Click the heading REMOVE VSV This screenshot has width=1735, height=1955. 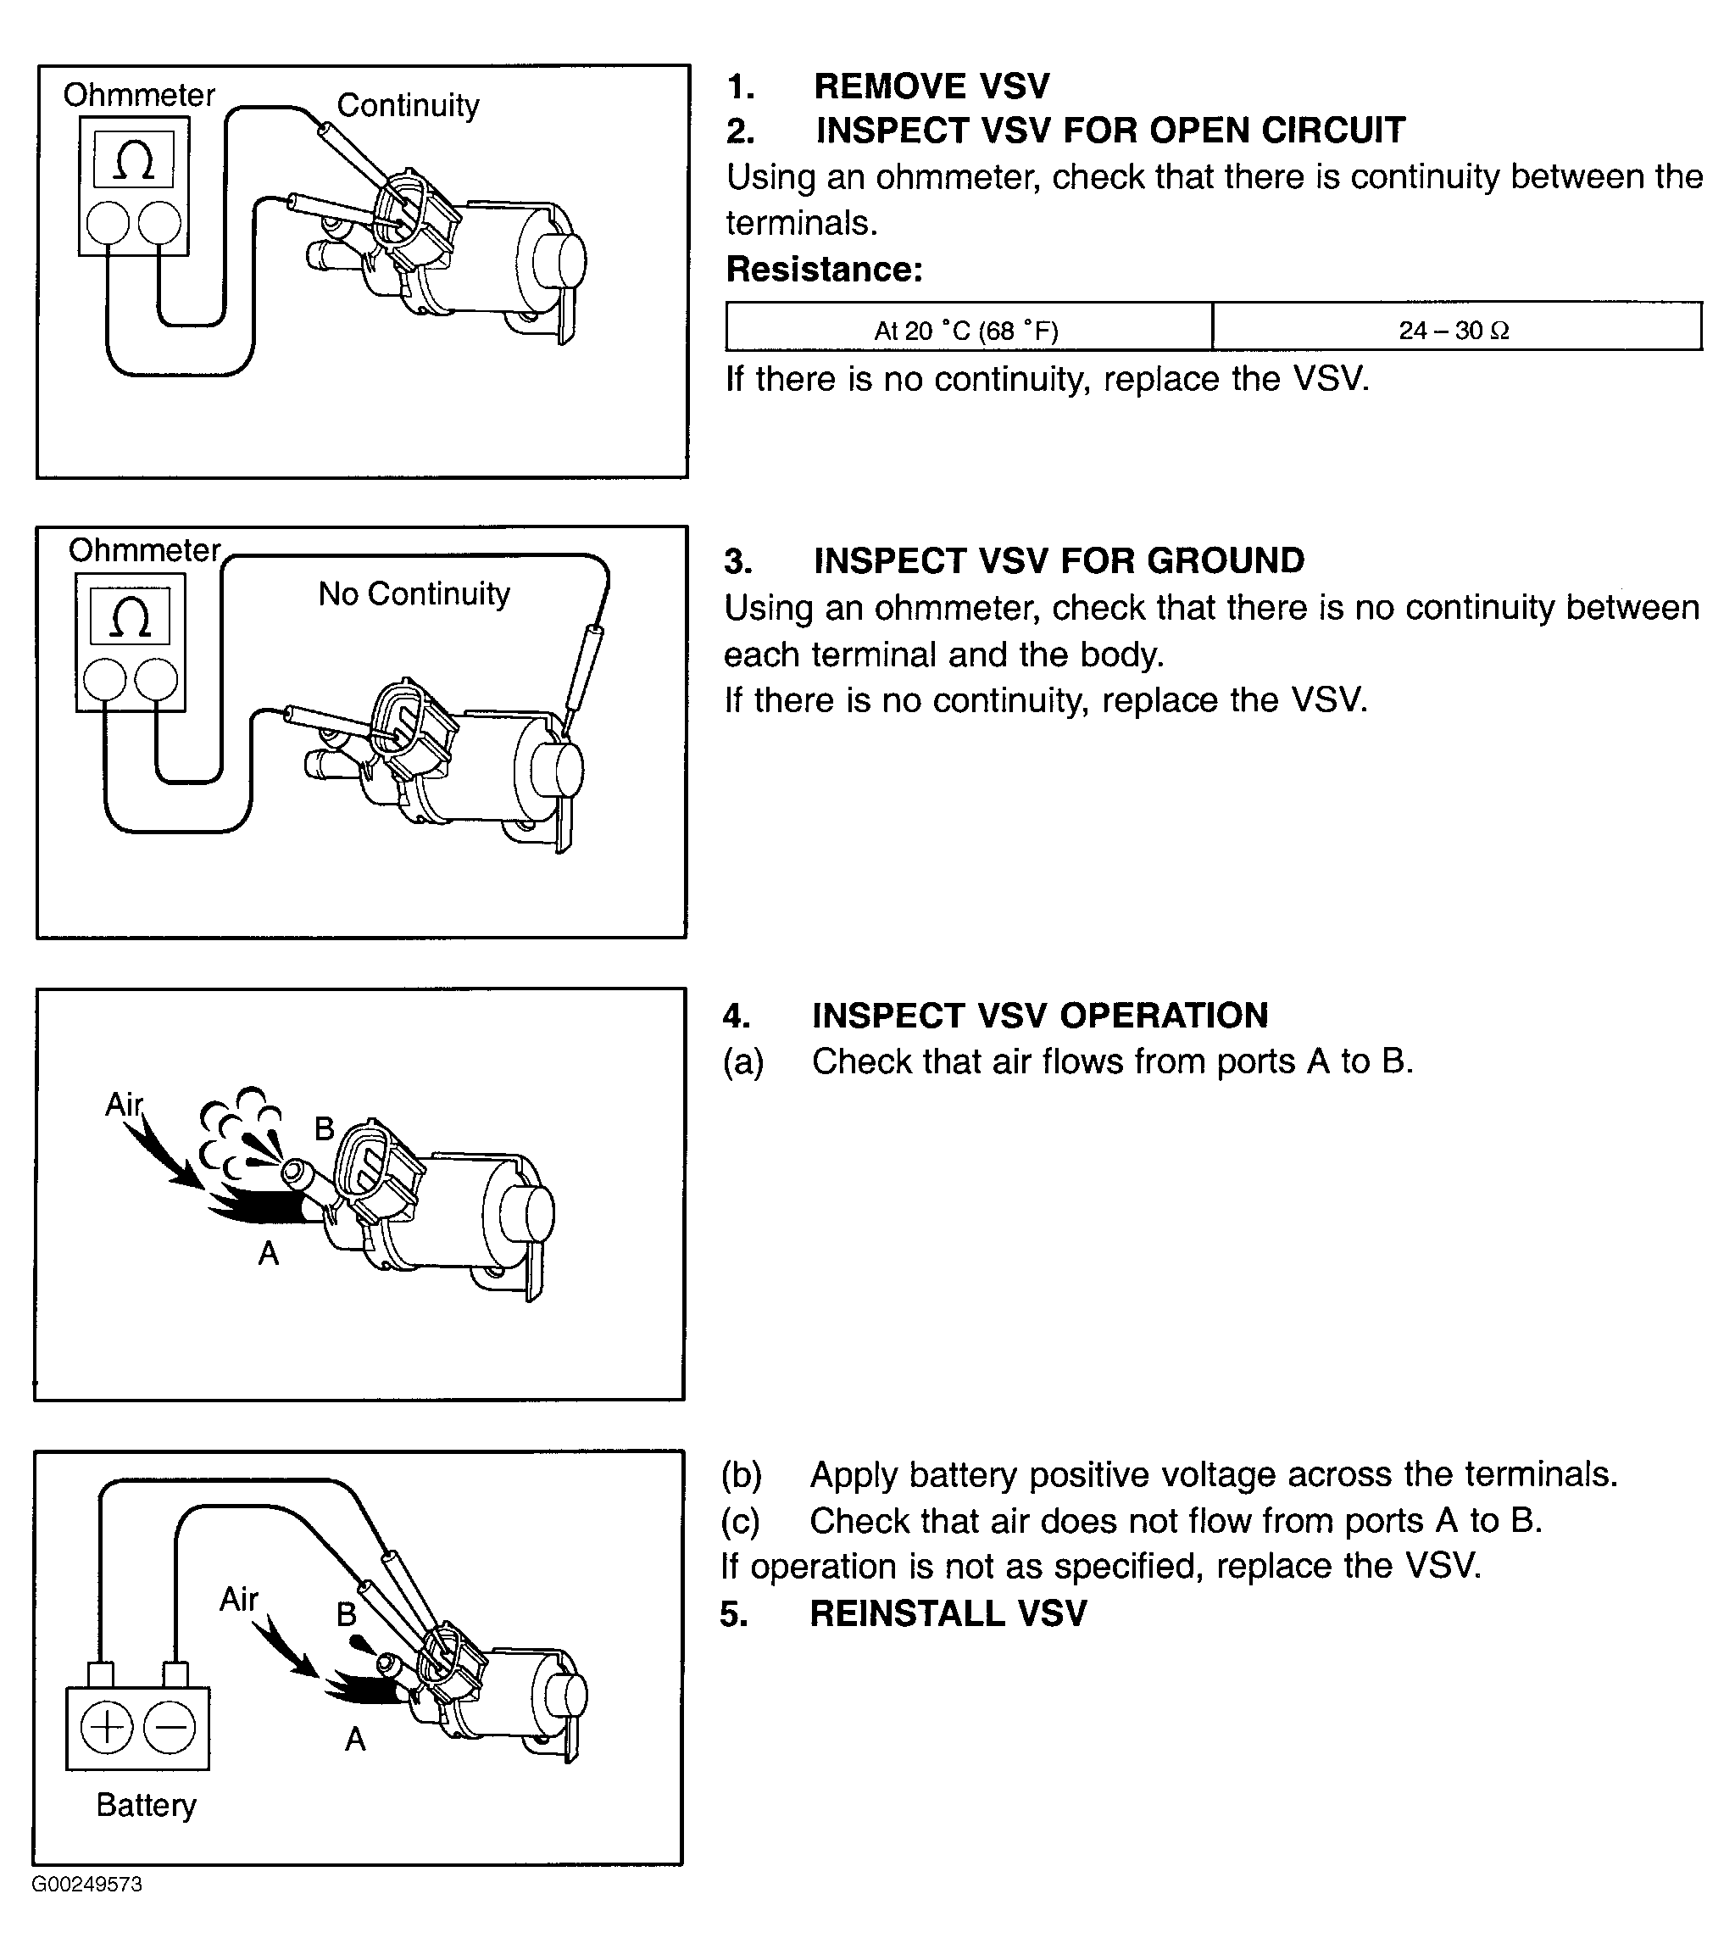pos(931,86)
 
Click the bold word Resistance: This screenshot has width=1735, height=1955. pos(825,270)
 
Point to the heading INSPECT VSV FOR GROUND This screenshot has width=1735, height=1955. pos(1059,560)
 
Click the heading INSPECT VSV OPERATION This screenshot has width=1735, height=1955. pos(1040,1015)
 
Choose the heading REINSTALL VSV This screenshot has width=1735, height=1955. pos(948,1613)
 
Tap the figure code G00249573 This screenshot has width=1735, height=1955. pos(87,1885)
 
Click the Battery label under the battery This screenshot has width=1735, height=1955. pos(147,1805)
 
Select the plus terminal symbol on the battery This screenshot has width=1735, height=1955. pos(106,1729)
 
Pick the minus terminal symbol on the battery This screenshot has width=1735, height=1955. pos(170,1729)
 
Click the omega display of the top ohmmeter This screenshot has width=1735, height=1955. pos(134,159)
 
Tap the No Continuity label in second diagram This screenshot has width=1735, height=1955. pos(414,595)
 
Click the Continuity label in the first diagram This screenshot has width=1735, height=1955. pos(409,106)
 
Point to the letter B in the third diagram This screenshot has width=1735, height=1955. pos(325,1128)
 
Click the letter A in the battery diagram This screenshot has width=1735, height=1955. pos(355,1738)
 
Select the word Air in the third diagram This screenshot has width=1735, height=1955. pos(124,1105)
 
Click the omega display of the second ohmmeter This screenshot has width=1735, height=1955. pos(130,616)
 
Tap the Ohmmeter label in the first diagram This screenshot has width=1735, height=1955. pos(140,96)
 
